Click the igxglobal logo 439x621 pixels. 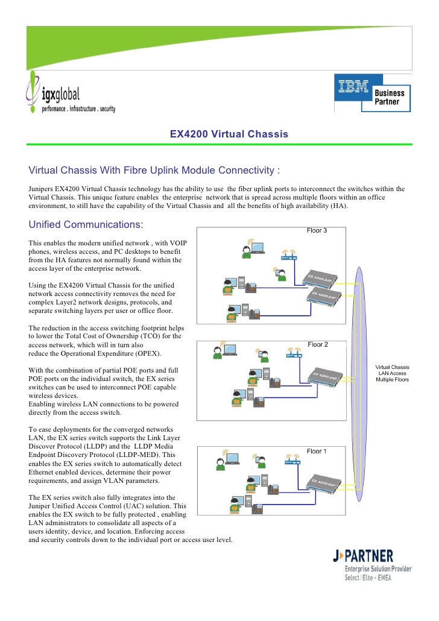(x=69, y=93)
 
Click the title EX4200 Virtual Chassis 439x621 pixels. (x=229, y=133)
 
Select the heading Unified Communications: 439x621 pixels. (x=86, y=225)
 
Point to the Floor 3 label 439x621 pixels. (x=317, y=230)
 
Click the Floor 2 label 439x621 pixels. (x=318, y=344)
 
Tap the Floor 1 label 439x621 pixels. (x=317, y=451)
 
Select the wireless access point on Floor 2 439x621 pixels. (x=294, y=353)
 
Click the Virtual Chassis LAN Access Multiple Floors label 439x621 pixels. (x=392, y=373)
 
